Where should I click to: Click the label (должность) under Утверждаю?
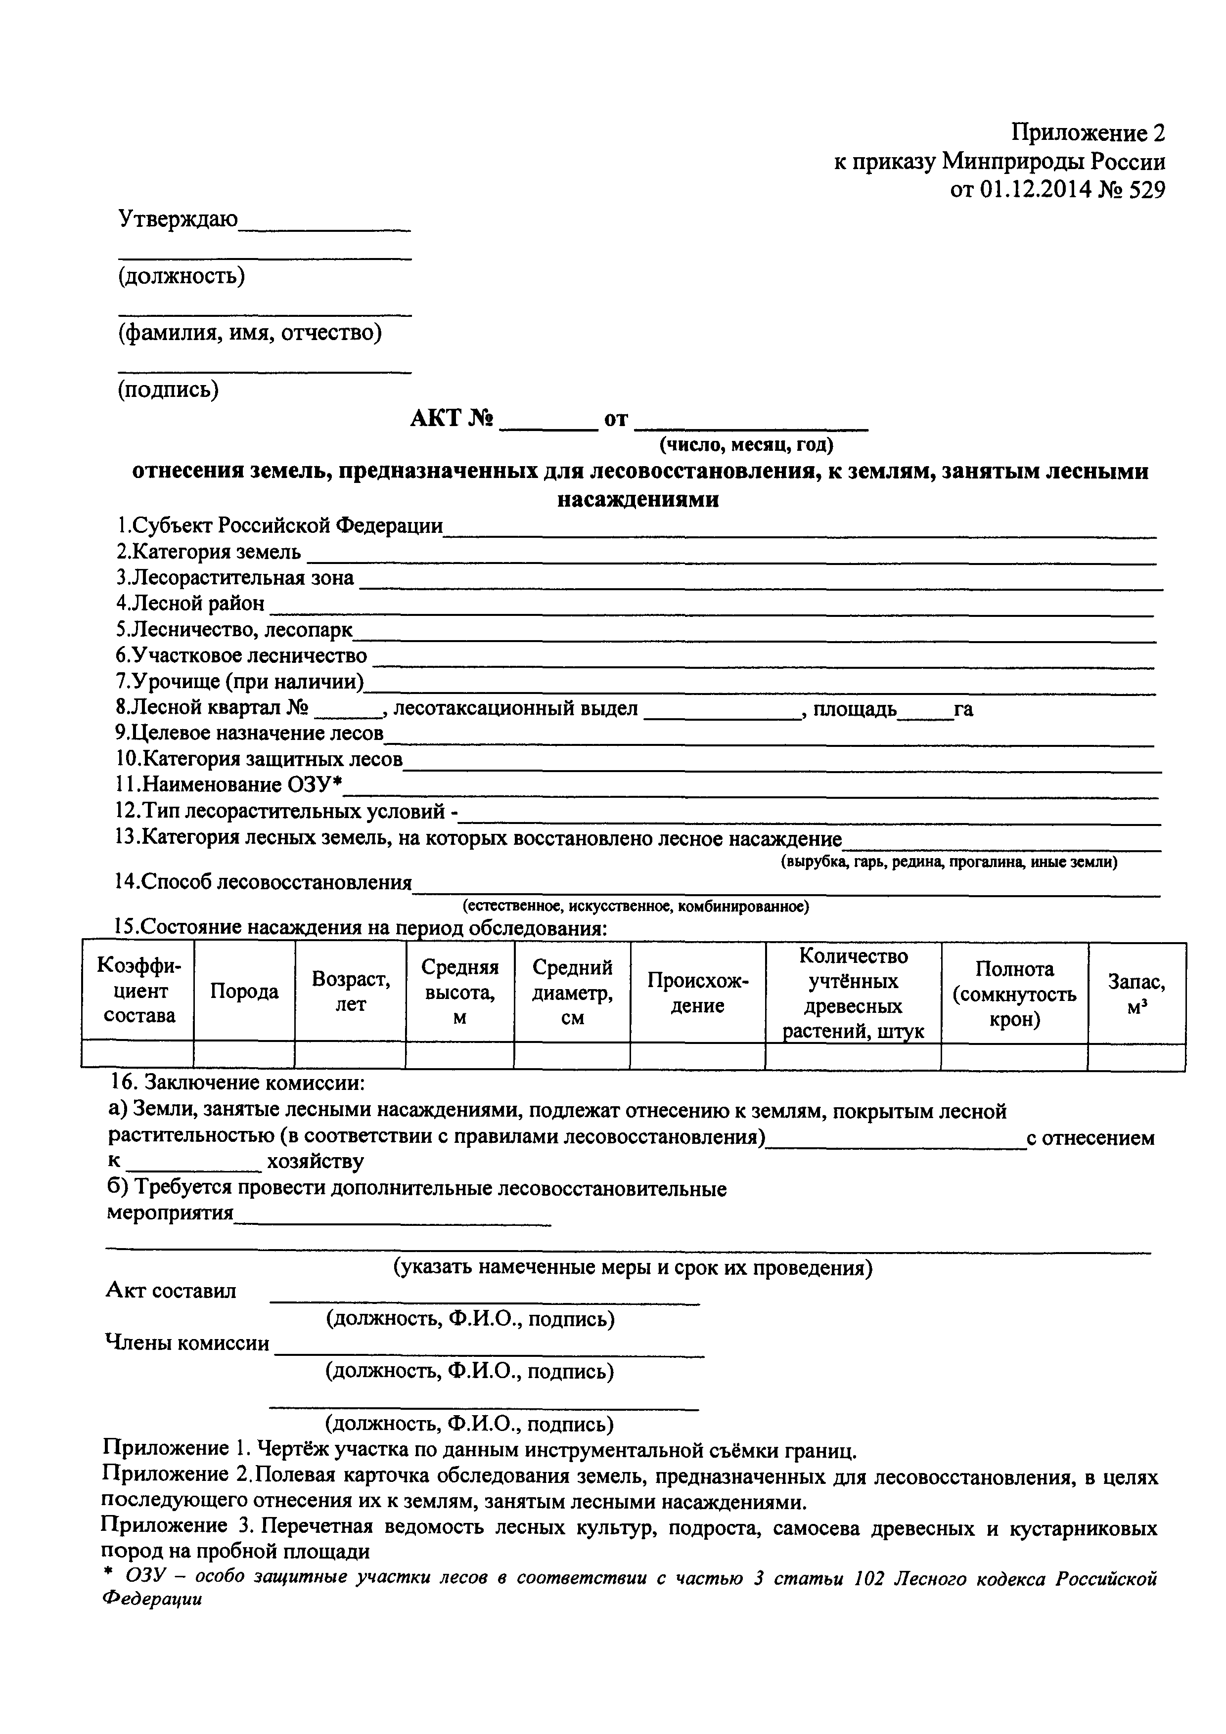pos(182,276)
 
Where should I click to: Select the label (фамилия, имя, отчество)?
pos(249,332)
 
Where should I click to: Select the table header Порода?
pos(244,992)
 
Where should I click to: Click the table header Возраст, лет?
pos(351,992)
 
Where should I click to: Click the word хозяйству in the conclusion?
pos(315,1162)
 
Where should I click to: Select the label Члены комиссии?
pos(186,1344)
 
